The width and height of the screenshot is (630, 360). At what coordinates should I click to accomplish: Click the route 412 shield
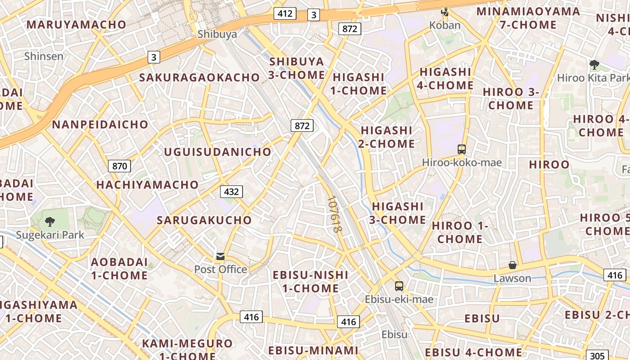pos(285,13)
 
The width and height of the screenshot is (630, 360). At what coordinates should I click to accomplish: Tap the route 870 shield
pos(119,166)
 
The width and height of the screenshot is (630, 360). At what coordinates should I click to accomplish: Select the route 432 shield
pos(231,192)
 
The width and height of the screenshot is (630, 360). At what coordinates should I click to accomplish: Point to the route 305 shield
pos(597,355)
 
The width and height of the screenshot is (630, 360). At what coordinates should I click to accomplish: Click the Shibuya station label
pos(217,34)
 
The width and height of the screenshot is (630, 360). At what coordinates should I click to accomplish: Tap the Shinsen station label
pos(44,56)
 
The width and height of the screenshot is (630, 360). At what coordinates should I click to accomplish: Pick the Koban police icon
pos(445,12)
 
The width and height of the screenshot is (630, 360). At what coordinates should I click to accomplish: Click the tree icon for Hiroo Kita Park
pos(594,64)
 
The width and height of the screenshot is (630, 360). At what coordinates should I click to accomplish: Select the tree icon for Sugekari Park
pos(50,221)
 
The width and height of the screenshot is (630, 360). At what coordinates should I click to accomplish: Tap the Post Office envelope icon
pos(220,256)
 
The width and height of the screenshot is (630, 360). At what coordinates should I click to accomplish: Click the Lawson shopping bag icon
pos(512,265)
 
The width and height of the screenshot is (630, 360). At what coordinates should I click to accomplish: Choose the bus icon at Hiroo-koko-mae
pos(462,149)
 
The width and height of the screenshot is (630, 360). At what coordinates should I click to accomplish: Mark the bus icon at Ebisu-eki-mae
pos(399,286)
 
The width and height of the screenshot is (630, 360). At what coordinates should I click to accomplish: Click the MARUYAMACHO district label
pos(76,24)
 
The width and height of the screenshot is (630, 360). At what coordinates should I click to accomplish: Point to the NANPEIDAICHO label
pos(100,125)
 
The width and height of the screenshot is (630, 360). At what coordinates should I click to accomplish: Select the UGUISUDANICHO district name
pos(218,152)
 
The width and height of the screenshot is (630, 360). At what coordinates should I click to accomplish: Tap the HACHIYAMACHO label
pos(147,184)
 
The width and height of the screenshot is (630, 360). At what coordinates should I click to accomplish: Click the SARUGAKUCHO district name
pos(204,220)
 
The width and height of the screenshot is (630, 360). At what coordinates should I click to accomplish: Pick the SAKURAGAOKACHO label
pos(199,77)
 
